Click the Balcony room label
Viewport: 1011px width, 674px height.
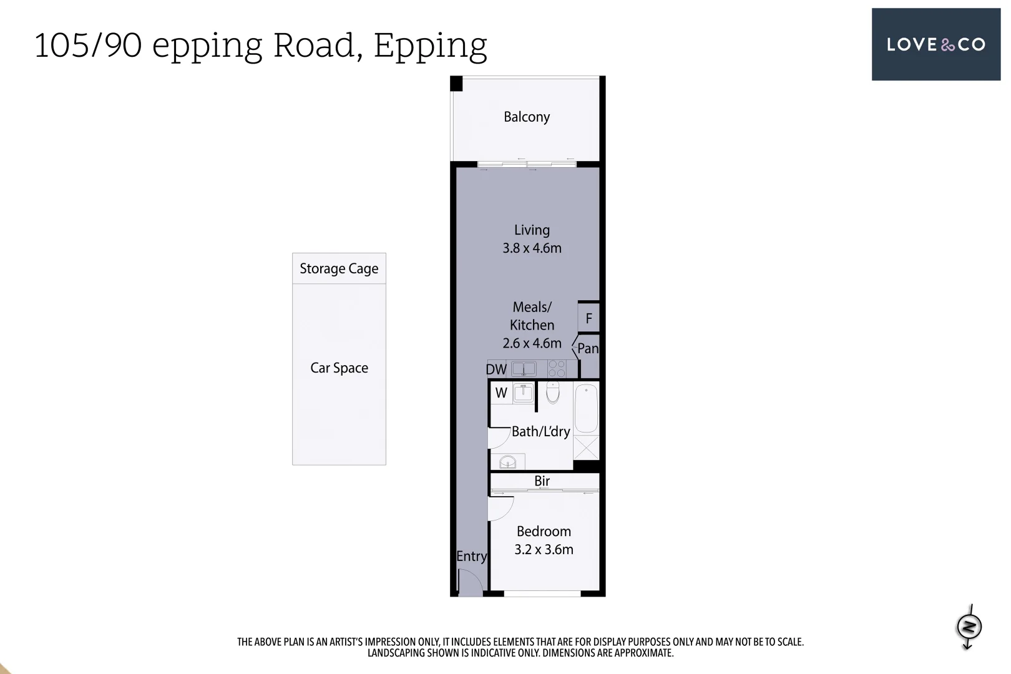(x=527, y=117)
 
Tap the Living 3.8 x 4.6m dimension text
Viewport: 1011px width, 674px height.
(x=532, y=248)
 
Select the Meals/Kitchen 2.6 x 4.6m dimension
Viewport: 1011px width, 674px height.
(x=532, y=343)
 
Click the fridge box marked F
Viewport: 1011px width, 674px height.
(x=589, y=319)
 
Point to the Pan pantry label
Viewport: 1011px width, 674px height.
(x=588, y=349)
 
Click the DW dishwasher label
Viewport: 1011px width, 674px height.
(x=496, y=369)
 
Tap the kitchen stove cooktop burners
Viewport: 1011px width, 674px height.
(x=557, y=369)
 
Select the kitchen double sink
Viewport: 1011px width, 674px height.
(x=524, y=369)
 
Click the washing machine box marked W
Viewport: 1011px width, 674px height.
(x=501, y=393)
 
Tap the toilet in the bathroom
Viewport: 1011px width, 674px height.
(x=553, y=393)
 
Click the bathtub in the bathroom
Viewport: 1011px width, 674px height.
(x=586, y=409)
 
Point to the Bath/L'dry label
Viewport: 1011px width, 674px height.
(x=540, y=432)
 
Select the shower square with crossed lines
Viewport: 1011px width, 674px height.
(x=586, y=448)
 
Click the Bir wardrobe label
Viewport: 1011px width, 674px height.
(x=542, y=481)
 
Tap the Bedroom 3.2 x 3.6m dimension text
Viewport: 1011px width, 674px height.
(x=544, y=550)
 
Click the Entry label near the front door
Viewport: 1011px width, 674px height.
(x=471, y=557)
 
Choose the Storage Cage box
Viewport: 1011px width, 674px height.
(x=339, y=269)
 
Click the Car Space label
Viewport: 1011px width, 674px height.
(x=339, y=368)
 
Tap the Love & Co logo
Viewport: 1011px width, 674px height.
(x=935, y=44)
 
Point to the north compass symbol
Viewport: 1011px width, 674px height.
(x=969, y=627)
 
